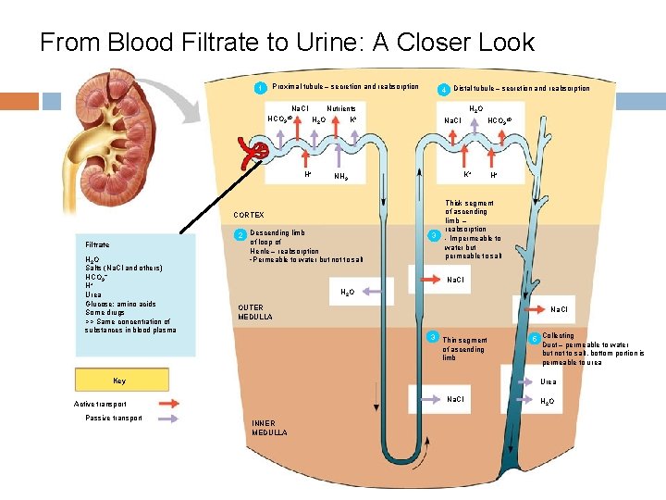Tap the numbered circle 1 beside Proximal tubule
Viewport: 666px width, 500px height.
click(261, 89)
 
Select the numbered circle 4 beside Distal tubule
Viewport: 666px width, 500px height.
click(444, 90)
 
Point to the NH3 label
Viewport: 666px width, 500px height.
click(340, 176)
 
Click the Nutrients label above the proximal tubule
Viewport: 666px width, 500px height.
click(341, 108)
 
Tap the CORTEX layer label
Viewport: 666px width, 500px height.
click(249, 215)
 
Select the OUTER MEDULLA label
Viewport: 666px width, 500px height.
click(255, 312)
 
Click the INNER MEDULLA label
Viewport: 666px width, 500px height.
click(269, 428)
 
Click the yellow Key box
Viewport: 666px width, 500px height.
click(119, 380)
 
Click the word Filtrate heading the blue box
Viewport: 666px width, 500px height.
click(97, 244)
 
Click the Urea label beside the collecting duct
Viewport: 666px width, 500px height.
click(549, 381)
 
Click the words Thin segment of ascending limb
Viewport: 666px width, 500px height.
click(463, 348)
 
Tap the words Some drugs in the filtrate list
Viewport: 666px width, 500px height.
click(105, 312)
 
